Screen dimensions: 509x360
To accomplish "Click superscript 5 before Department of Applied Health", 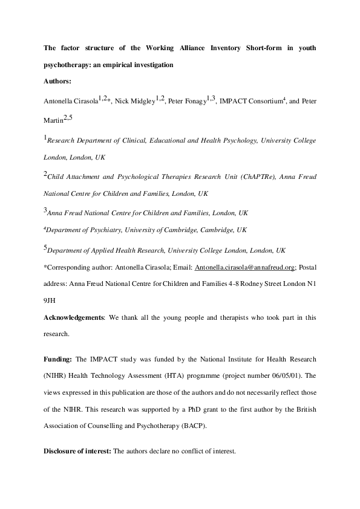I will (x=45, y=247).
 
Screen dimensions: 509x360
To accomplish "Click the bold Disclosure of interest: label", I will (x=77, y=452).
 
